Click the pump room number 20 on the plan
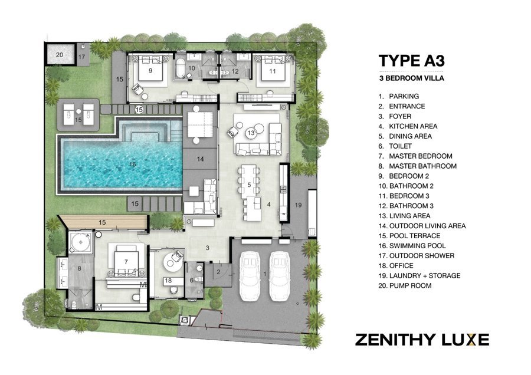(x=59, y=54)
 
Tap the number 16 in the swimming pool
(x=132, y=165)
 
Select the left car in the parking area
(x=250, y=276)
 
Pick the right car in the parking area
(x=280, y=276)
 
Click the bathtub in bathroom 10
(x=181, y=69)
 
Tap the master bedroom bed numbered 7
(x=126, y=260)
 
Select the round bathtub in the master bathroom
(x=81, y=242)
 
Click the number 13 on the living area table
(x=251, y=133)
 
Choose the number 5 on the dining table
(x=249, y=185)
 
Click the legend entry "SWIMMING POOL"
(x=418, y=246)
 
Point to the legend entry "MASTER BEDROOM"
(x=421, y=156)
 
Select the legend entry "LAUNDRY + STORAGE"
(x=425, y=275)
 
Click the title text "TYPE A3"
(x=411, y=61)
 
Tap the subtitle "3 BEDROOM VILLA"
(x=411, y=78)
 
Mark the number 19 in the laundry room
(x=298, y=205)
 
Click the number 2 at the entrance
(x=219, y=272)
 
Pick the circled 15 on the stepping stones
(x=139, y=110)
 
